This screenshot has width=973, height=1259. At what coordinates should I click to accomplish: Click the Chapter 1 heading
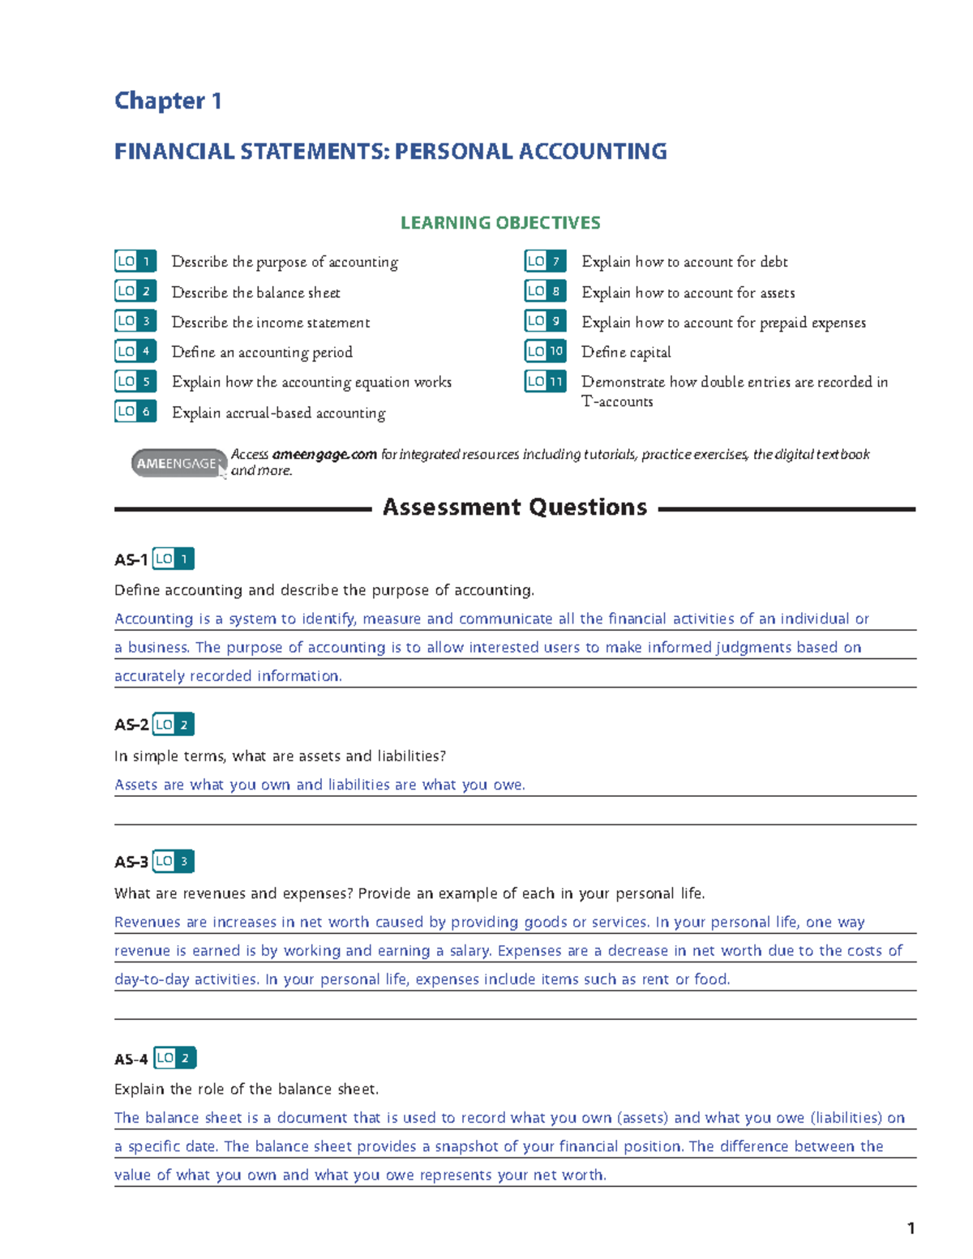point(168,101)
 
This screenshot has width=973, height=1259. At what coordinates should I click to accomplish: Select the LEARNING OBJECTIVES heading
point(500,223)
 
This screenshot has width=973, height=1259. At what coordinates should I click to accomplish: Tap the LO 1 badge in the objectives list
point(135,261)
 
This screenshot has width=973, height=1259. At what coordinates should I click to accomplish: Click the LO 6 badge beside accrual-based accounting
point(135,412)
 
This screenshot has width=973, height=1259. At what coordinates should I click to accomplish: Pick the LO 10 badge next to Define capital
point(545,351)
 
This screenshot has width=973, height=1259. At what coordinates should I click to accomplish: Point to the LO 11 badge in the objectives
point(545,381)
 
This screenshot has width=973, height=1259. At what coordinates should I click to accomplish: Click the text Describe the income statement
point(270,322)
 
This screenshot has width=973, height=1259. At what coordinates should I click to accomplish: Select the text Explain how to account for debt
point(684,262)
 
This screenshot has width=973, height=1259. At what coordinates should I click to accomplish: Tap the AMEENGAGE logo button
point(178,463)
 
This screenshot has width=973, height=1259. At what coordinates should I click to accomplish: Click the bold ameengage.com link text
point(324,455)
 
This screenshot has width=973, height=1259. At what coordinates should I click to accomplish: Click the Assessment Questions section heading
point(515,507)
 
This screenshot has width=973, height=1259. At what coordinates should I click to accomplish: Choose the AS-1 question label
point(131,560)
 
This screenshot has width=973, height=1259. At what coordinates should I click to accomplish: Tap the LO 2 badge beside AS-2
point(174,725)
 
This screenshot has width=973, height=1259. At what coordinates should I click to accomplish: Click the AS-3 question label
point(131,863)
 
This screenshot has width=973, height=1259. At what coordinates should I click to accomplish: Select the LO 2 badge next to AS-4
point(175,1058)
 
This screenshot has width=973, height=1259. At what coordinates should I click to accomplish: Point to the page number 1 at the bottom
point(911,1228)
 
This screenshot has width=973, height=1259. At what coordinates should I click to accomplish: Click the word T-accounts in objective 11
point(617,401)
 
